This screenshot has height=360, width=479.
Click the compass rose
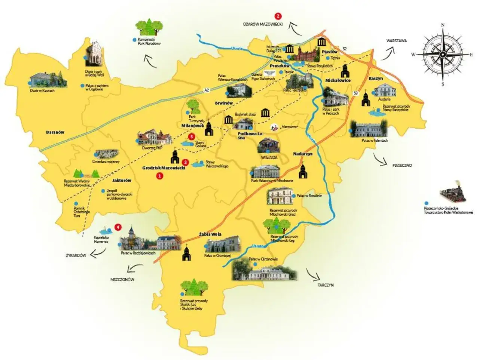443,54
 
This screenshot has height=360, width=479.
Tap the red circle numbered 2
278,16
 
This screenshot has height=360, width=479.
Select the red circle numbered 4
119,227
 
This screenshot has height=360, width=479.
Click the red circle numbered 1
160,175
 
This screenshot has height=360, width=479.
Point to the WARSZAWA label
397,40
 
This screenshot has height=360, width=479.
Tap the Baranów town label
55,132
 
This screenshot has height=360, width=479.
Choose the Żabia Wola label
210,234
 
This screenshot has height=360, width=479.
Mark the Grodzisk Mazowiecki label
164,168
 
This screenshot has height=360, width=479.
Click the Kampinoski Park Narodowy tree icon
149,27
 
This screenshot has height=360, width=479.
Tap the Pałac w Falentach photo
369,129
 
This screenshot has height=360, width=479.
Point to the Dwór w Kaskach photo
48,80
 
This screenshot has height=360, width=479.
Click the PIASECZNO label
402,165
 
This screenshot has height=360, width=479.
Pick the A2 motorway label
207,90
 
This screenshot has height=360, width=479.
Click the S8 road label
356,93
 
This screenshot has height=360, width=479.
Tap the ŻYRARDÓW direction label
76,256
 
